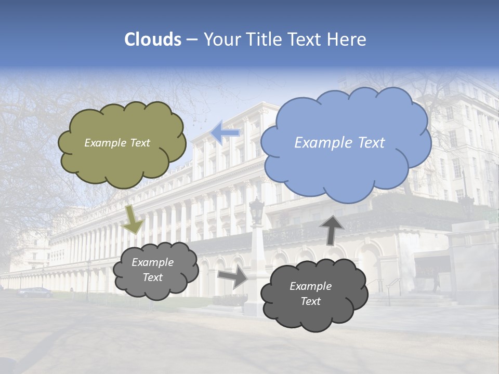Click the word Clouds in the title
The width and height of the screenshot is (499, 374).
tap(153, 39)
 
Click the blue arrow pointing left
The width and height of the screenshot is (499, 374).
tap(226, 133)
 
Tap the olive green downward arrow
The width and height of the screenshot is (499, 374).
tap(134, 219)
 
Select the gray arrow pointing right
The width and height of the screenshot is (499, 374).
tap(233, 277)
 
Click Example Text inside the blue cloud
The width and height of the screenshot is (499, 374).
tap(339, 143)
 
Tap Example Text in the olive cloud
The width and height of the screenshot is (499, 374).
tap(117, 143)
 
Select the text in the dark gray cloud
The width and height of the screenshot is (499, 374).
tap(310, 293)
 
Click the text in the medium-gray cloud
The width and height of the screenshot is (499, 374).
tap(152, 270)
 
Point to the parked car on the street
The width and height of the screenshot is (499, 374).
tap(35, 292)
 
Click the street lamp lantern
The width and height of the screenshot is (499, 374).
tap(256, 211)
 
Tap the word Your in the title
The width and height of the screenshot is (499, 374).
tap(222, 39)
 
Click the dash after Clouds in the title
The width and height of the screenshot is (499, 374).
tap(192, 40)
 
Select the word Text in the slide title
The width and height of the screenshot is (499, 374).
tap(308, 39)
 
